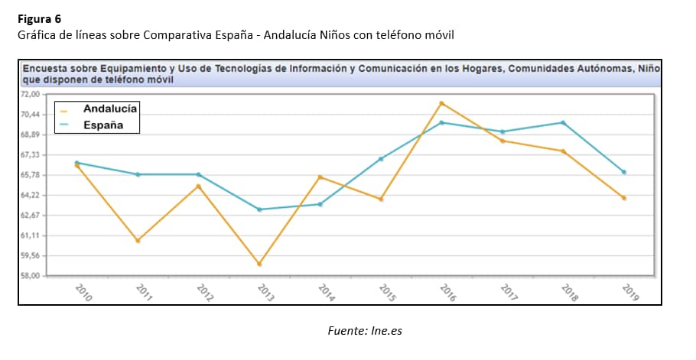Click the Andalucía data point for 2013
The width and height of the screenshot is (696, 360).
click(x=259, y=264)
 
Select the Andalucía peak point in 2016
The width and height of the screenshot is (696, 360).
click(x=442, y=103)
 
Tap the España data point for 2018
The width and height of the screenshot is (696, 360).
click(x=564, y=122)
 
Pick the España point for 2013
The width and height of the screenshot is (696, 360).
click(x=259, y=209)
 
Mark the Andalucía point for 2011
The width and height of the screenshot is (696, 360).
click(x=138, y=241)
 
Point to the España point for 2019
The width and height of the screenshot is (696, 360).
click(x=624, y=172)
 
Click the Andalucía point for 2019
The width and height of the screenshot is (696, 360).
click(x=624, y=198)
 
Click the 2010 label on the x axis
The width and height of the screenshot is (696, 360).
click(x=83, y=293)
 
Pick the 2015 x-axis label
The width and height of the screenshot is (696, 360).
click(x=386, y=293)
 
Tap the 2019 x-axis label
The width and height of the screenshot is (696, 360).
click(x=629, y=293)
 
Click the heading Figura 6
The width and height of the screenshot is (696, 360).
click(x=40, y=18)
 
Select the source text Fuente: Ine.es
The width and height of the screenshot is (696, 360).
click(x=364, y=331)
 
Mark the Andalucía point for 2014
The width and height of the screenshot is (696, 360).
click(x=320, y=177)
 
